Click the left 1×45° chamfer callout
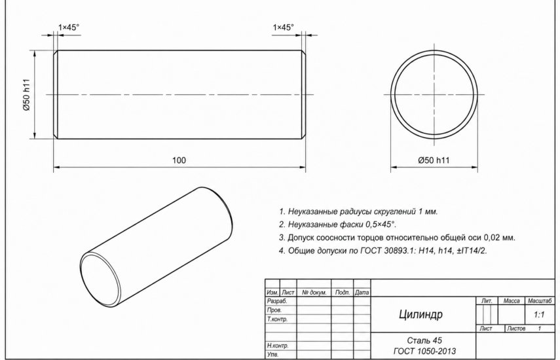(x=69, y=27)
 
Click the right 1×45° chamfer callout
(x=283, y=27)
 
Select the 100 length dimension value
(x=179, y=160)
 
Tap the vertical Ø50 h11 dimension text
(x=27, y=94)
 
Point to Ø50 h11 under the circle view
(x=434, y=160)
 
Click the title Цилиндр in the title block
(x=420, y=314)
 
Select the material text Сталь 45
(x=424, y=340)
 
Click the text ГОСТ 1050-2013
(x=424, y=351)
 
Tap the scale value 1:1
(x=539, y=315)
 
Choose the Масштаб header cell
(x=539, y=301)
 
